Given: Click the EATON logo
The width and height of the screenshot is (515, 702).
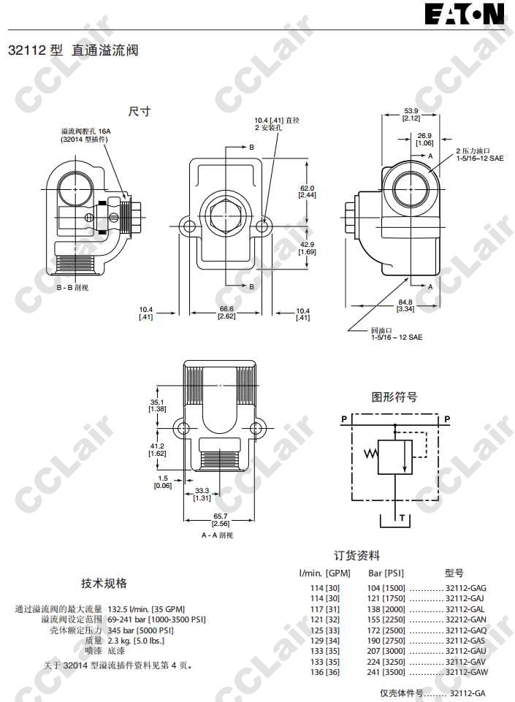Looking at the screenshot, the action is point(465,14).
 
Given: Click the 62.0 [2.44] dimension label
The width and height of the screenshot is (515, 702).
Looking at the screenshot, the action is point(308,191).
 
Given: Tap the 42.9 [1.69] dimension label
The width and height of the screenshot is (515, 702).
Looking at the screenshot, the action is point(308,248).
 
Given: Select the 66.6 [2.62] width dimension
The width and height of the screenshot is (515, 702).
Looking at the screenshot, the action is point(226,313).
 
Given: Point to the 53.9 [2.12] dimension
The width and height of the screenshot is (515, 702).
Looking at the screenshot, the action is point(411,115).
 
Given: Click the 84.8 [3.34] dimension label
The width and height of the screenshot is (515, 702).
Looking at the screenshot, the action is point(405,306).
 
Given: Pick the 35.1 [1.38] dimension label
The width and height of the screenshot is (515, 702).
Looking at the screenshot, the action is point(157,405).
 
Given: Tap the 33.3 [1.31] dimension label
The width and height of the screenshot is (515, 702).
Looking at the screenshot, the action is point(202,495).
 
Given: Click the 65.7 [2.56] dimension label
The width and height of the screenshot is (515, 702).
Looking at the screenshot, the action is point(221,520).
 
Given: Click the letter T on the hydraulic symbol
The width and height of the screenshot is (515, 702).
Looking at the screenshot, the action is point(403,518).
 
